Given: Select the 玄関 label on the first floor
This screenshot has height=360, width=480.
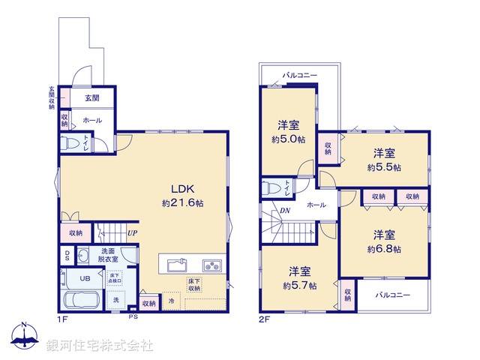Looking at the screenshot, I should click(x=92, y=97).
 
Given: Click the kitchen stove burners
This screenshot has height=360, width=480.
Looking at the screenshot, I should click(x=211, y=265).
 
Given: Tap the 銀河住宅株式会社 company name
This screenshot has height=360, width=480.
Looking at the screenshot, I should click(x=100, y=346).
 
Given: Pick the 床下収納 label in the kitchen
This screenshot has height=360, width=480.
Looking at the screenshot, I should click(x=194, y=285).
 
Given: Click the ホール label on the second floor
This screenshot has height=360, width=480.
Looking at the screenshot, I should click(x=316, y=204).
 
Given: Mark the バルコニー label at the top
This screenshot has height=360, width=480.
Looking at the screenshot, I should click(x=300, y=76).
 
